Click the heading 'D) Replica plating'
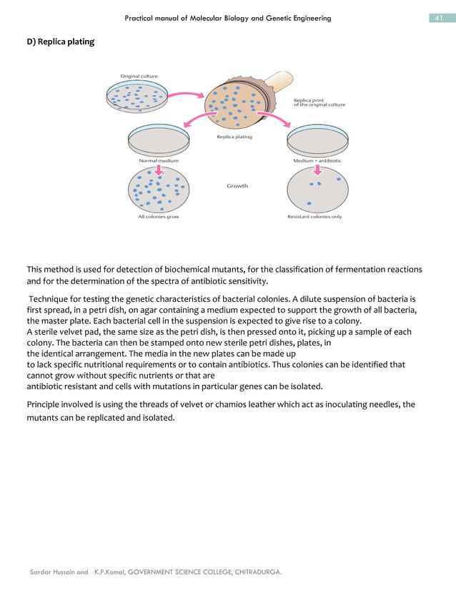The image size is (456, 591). coord(60,41)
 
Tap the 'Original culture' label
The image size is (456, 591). coord(139,76)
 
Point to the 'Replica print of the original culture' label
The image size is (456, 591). coord(319,102)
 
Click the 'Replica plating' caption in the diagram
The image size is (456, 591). coord(234,137)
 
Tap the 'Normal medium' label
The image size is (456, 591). coord(158,161)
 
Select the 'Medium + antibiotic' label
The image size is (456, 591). coord(317,161)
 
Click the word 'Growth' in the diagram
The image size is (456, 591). coord(237,185)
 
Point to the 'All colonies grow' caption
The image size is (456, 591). coord(158,217)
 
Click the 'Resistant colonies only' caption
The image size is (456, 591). coord(314,217)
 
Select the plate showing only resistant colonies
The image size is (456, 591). coord(317,190)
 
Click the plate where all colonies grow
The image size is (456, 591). coord(159,190)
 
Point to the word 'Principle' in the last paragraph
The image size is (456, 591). coord(45,404)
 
